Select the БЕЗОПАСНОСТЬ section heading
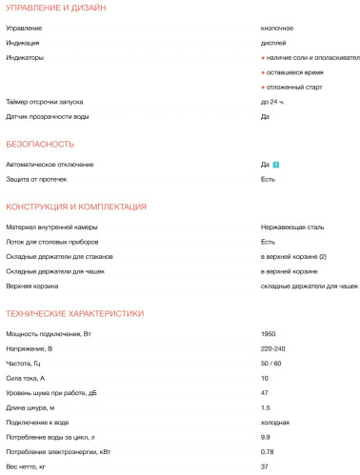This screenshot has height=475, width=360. (x=40, y=145)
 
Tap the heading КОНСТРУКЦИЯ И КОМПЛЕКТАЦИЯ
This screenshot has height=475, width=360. (x=76, y=208)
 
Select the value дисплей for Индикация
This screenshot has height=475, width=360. (x=273, y=43)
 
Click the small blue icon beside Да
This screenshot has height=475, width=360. (x=275, y=165)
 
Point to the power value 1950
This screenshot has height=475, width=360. (x=269, y=334)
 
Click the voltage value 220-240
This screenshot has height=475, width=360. (x=273, y=349)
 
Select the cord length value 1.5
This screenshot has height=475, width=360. (x=266, y=408)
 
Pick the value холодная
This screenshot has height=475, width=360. (x=276, y=423)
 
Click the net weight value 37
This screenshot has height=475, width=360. (x=265, y=466)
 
